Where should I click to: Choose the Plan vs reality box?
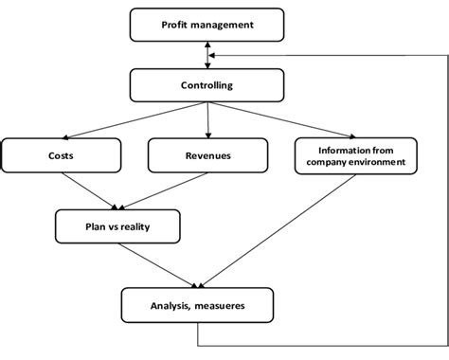pyautogui.click(x=117, y=226)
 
